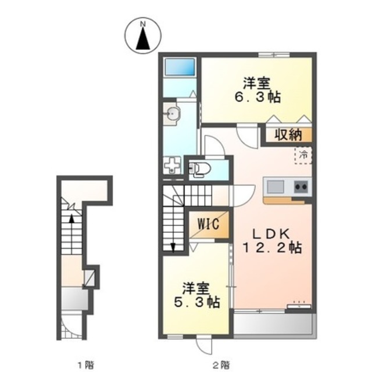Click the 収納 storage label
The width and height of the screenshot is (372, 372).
[287, 135]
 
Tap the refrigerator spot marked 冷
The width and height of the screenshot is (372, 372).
[303, 155]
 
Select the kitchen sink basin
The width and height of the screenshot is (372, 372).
[275, 187]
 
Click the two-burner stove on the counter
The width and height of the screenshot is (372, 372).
[301, 187]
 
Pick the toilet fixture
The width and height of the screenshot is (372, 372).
[199, 169]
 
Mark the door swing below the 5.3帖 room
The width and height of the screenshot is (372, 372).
[204, 344]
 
